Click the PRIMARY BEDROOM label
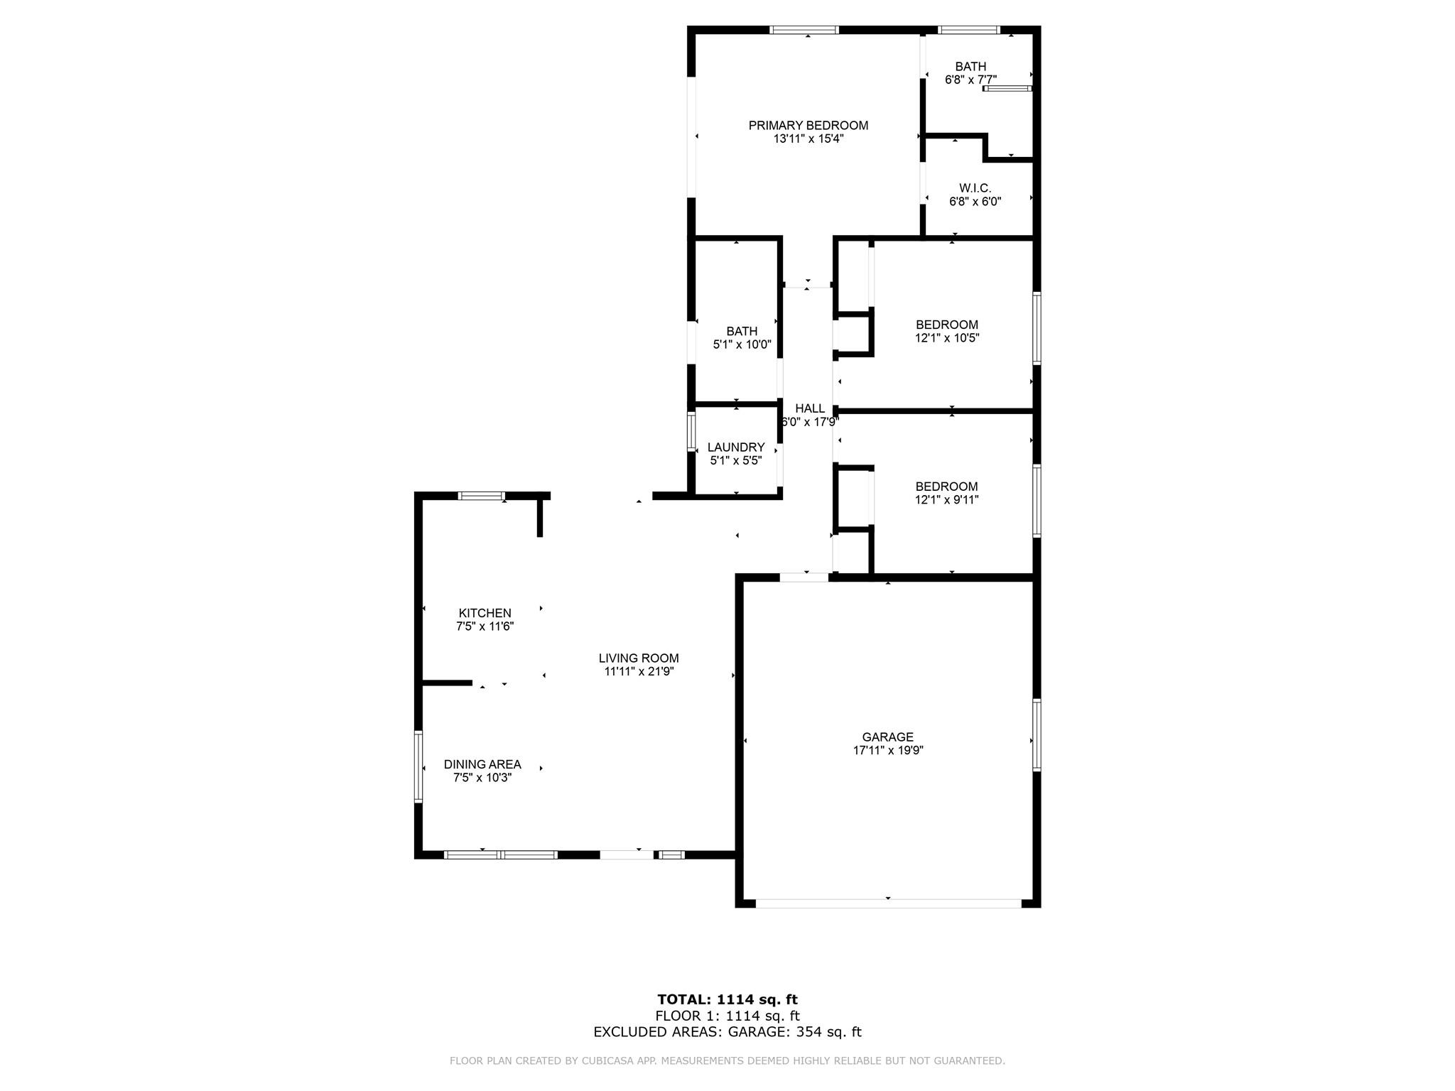(808, 126)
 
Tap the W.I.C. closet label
(975, 188)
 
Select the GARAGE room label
(887, 737)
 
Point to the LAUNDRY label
(736, 447)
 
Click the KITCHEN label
(485, 613)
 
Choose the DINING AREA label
(482, 764)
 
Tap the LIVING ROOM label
(639, 658)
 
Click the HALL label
(810, 408)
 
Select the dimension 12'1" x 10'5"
(947, 338)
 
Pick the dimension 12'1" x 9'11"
(947, 500)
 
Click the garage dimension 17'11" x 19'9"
(888, 751)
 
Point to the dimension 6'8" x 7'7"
(970, 80)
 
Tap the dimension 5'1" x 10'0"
(742, 345)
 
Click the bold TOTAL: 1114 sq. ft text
(727, 1000)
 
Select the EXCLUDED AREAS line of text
(727, 1032)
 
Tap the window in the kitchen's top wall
(481, 495)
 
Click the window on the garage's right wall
(1037, 735)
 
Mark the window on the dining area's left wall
(418, 767)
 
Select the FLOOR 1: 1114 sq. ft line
(727, 1016)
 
